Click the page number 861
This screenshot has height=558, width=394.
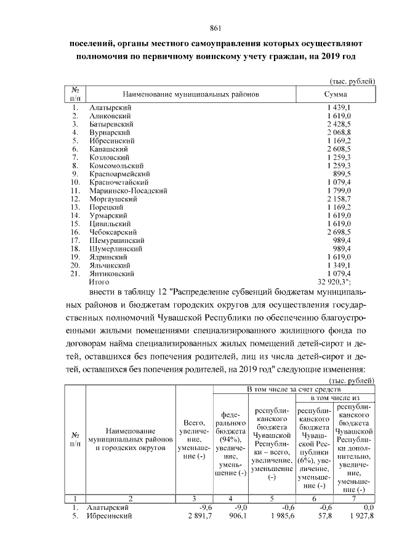click(215, 28)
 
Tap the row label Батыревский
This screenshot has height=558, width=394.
click(111, 124)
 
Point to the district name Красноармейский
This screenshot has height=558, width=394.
click(117, 174)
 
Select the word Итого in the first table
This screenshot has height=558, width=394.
click(99, 282)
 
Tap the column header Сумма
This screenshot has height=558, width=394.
click(336, 94)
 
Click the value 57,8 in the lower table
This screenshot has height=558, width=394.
click(323, 516)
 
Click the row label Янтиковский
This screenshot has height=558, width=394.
click(111, 273)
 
